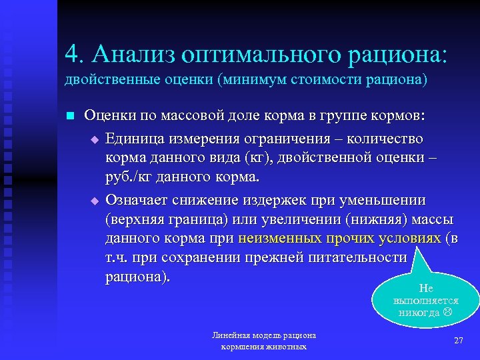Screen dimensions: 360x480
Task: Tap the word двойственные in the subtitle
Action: [105, 80]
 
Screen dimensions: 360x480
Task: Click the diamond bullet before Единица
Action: [94, 139]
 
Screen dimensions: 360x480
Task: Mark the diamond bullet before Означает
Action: [94, 201]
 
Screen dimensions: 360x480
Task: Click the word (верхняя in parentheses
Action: [135, 219]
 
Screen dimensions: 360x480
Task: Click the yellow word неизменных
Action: [279, 239]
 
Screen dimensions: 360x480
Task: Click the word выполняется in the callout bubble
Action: [426, 301]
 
